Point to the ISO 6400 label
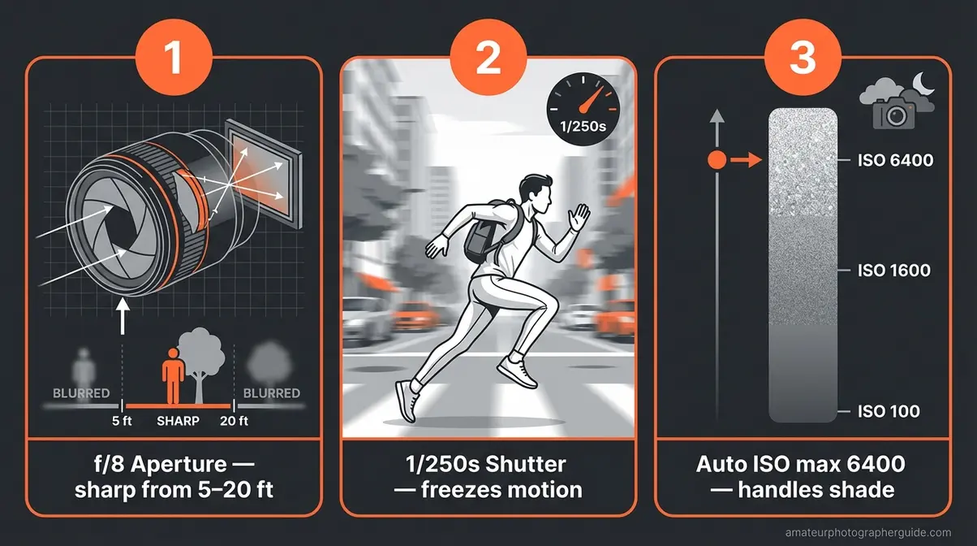[895, 161]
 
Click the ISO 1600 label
[895, 271]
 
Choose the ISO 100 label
[889, 412]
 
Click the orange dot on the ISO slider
[717, 161]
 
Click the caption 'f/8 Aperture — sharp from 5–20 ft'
[174, 478]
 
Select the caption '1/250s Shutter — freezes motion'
[488, 478]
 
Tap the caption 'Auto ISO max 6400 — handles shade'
[803, 478]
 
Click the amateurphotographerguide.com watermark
[868, 532]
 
